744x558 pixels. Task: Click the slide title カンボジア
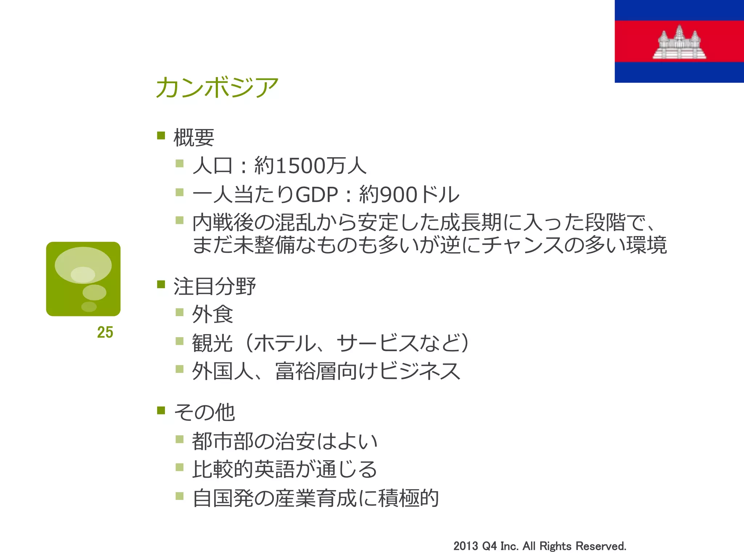pos(217,88)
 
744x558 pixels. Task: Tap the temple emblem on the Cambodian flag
pos(679,43)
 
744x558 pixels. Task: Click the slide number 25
pos(105,332)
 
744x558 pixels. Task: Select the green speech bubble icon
pos(83,279)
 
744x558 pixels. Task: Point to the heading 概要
pos(194,138)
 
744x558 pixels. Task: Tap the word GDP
pos(317,194)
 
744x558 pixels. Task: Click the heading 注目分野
pos(215,286)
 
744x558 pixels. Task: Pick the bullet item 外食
pos(213,314)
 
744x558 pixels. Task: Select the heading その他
pos(205,413)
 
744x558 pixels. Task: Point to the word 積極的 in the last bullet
pos(409,498)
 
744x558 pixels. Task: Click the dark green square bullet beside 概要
pos(161,136)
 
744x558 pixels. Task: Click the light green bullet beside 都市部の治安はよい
pos(179,439)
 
